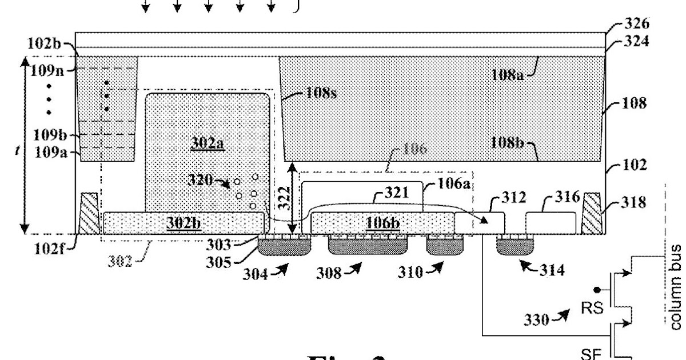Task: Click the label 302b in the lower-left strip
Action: click(x=183, y=222)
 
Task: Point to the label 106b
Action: click(x=384, y=222)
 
